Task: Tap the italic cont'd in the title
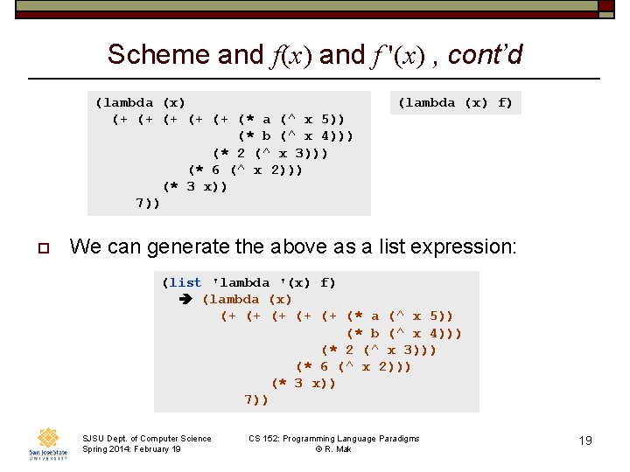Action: tap(485, 55)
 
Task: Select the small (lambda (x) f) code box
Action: tap(455, 102)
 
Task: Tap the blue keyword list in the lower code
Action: tap(186, 282)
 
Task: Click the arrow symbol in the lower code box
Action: tap(185, 299)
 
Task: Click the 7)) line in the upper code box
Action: tap(148, 203)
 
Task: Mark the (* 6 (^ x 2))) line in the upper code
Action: tap(245, 170)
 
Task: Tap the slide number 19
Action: tap(585, 441)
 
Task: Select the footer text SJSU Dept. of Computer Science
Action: tap(146, 438)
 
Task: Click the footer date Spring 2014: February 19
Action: tap(131, 449)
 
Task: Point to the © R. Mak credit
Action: tap(333, 449)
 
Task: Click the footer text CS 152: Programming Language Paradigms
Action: tap(333, 438)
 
